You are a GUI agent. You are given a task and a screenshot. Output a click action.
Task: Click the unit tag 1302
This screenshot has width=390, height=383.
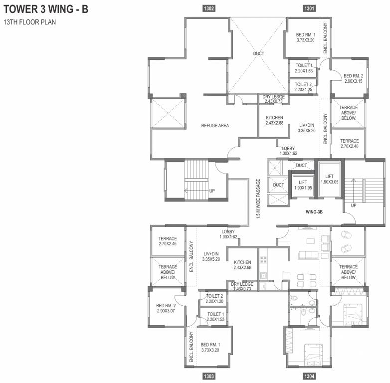tap(209, 8)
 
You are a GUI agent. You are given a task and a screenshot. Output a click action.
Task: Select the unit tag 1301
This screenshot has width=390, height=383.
tap(309, 8)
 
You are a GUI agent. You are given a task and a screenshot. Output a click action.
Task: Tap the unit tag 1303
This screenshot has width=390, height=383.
tap(209, 376)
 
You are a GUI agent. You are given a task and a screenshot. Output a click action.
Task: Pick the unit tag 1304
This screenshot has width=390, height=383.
tap(309, 376)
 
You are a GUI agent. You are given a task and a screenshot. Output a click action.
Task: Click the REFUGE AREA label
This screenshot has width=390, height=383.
tap(215, 126)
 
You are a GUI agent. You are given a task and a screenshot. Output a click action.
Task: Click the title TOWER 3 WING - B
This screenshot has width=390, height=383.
tap(46, 10)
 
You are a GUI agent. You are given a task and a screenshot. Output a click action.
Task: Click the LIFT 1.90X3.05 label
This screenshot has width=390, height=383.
tap(329, 180)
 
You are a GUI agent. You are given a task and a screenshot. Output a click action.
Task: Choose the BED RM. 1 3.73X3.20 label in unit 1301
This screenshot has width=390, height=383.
tap(306, 37)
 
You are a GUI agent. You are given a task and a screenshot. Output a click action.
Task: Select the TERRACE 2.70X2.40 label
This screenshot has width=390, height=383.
tap(349, 144)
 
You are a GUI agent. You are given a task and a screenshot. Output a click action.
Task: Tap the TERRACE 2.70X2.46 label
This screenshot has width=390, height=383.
tap(168, 241)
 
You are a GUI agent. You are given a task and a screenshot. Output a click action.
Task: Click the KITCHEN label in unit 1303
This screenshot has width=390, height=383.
tap(242, 265)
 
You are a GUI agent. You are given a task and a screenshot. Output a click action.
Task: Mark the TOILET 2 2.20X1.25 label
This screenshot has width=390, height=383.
tap(303, 87)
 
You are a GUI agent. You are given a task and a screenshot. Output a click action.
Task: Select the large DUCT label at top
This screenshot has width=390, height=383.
tap(258, 53)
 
